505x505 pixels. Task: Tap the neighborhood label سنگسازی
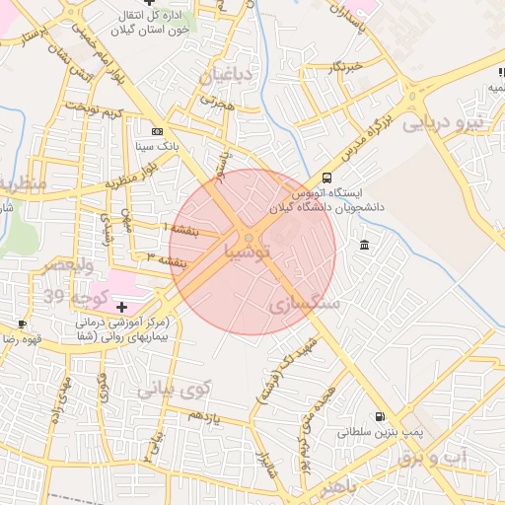305,306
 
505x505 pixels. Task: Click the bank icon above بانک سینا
157,130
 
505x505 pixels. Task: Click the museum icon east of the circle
365,245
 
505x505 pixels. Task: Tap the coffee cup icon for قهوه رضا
22,324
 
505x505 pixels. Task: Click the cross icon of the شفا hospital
121,308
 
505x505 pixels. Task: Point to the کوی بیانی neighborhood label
175,390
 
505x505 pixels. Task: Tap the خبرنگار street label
346,67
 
